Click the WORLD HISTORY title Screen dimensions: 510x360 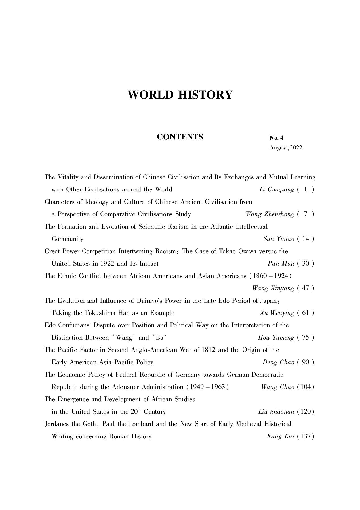(180, 95)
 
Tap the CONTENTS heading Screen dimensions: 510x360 (180, 137)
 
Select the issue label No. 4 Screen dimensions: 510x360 (276, 138)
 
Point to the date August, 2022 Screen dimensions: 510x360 (286, 148)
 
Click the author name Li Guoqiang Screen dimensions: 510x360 (277, 190)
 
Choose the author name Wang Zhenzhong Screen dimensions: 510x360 (270, 214)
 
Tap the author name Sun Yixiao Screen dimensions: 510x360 (279, 239)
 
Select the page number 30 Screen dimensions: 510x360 (306, 264)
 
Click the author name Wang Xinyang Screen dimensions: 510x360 (273, 289)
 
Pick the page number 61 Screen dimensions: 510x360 (306, 313)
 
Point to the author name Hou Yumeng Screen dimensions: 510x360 (276, 338)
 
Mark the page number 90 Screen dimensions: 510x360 (306, 362)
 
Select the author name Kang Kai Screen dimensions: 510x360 (280, 436)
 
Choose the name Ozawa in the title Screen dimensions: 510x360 (247, 251)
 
